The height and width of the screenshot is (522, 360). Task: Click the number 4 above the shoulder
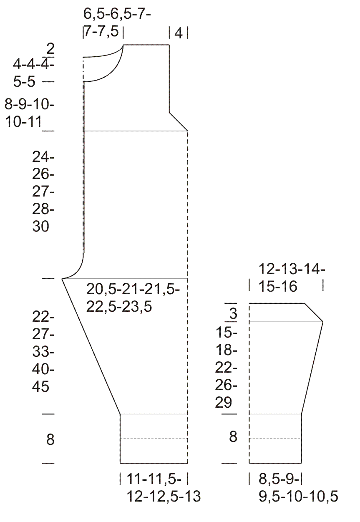178,33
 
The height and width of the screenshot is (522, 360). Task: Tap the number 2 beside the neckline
50,49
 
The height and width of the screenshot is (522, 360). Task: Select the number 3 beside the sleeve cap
233,313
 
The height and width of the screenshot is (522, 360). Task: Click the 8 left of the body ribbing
50,439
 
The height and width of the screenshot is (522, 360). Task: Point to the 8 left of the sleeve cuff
233,436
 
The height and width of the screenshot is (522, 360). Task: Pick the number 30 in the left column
41,226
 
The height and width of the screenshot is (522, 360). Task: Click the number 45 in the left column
41,387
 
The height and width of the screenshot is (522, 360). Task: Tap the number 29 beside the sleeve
224,402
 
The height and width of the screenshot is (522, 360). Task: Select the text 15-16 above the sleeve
278,286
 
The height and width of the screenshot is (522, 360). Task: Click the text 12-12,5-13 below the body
164,496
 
